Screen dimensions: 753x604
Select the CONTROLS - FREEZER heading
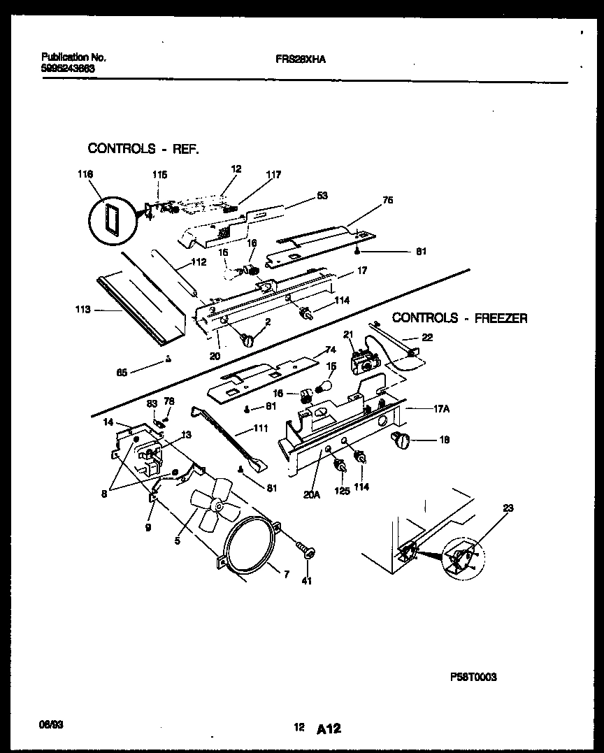coord(459,318)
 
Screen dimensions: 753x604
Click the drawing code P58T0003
coord(473,677)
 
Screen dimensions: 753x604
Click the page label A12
coord(328,729)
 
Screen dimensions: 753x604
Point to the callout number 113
coord(82,309)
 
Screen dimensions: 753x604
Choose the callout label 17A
coord(440,410)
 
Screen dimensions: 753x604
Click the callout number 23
coord(508,508)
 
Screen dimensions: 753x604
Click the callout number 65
coord(122,372)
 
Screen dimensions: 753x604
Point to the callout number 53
coord(322,196)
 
